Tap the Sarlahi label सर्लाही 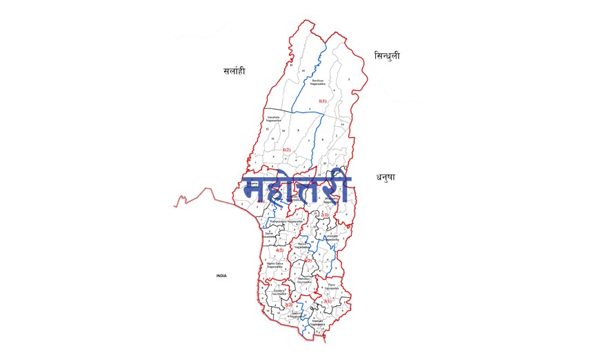[234, 71]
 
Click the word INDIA [221, 276]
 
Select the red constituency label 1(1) [322, 101]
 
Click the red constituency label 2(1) [325, 214]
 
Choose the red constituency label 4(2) [280, 250]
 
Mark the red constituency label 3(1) [327, 301]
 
